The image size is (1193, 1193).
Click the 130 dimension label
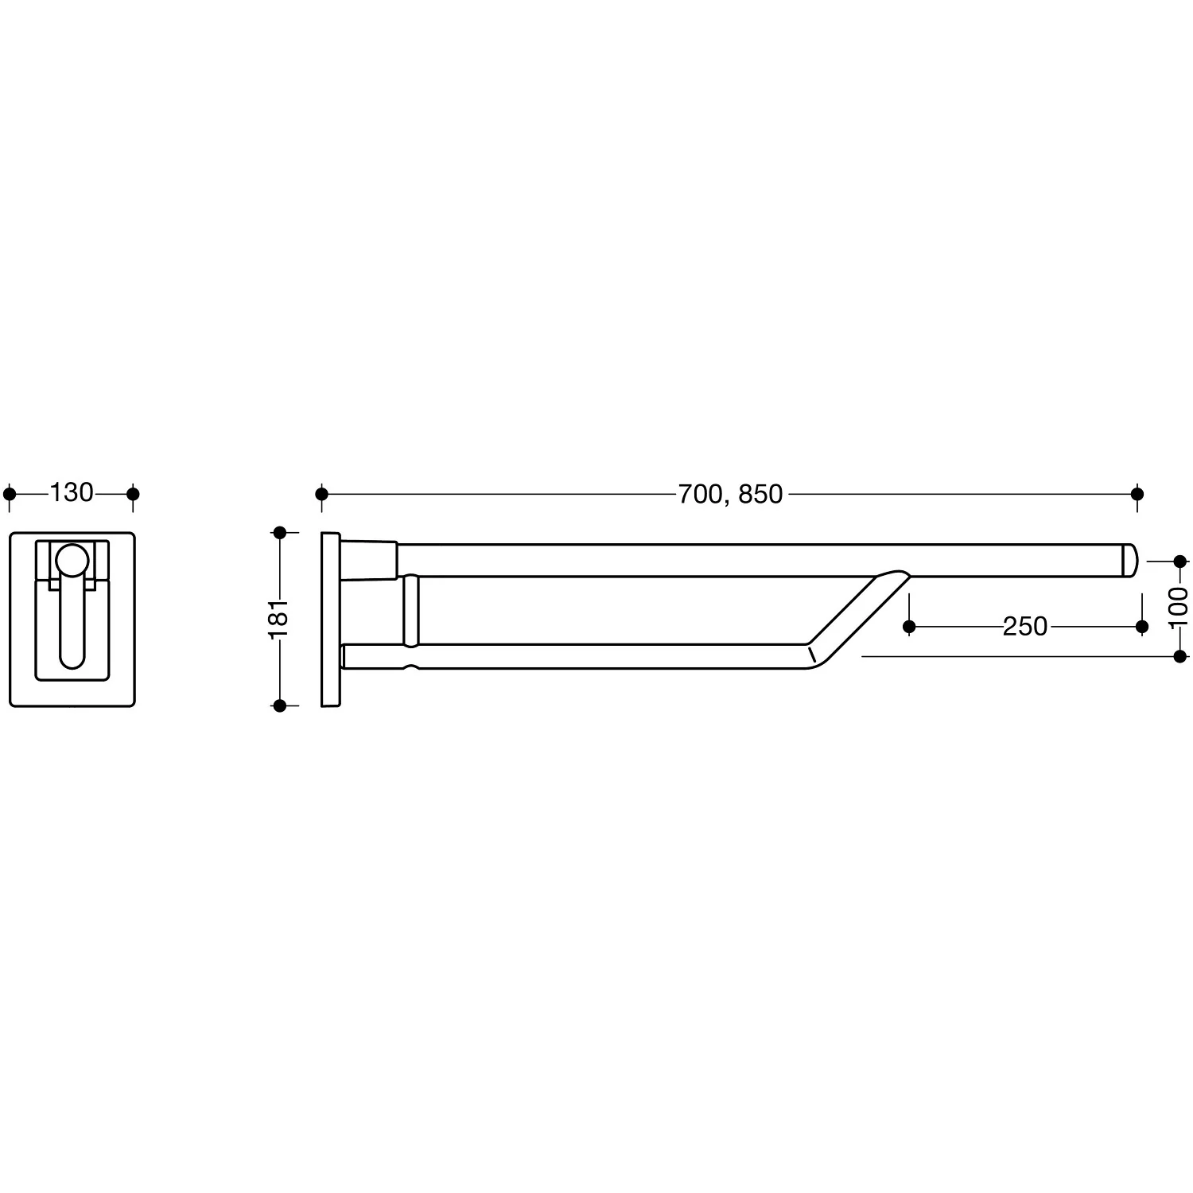(72, 493)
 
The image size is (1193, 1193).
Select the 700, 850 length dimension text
(730, 495)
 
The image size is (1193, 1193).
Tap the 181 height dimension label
(278, 618)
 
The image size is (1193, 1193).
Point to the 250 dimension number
(1025, 627)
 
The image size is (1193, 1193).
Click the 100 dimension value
(1179, 607)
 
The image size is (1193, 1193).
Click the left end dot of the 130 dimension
(10, 494)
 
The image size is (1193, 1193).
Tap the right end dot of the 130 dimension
(133, 494)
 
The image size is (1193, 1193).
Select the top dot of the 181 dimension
(279, 532)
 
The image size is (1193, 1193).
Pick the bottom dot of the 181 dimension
(279, 705)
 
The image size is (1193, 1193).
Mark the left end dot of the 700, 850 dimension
(321, 494)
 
